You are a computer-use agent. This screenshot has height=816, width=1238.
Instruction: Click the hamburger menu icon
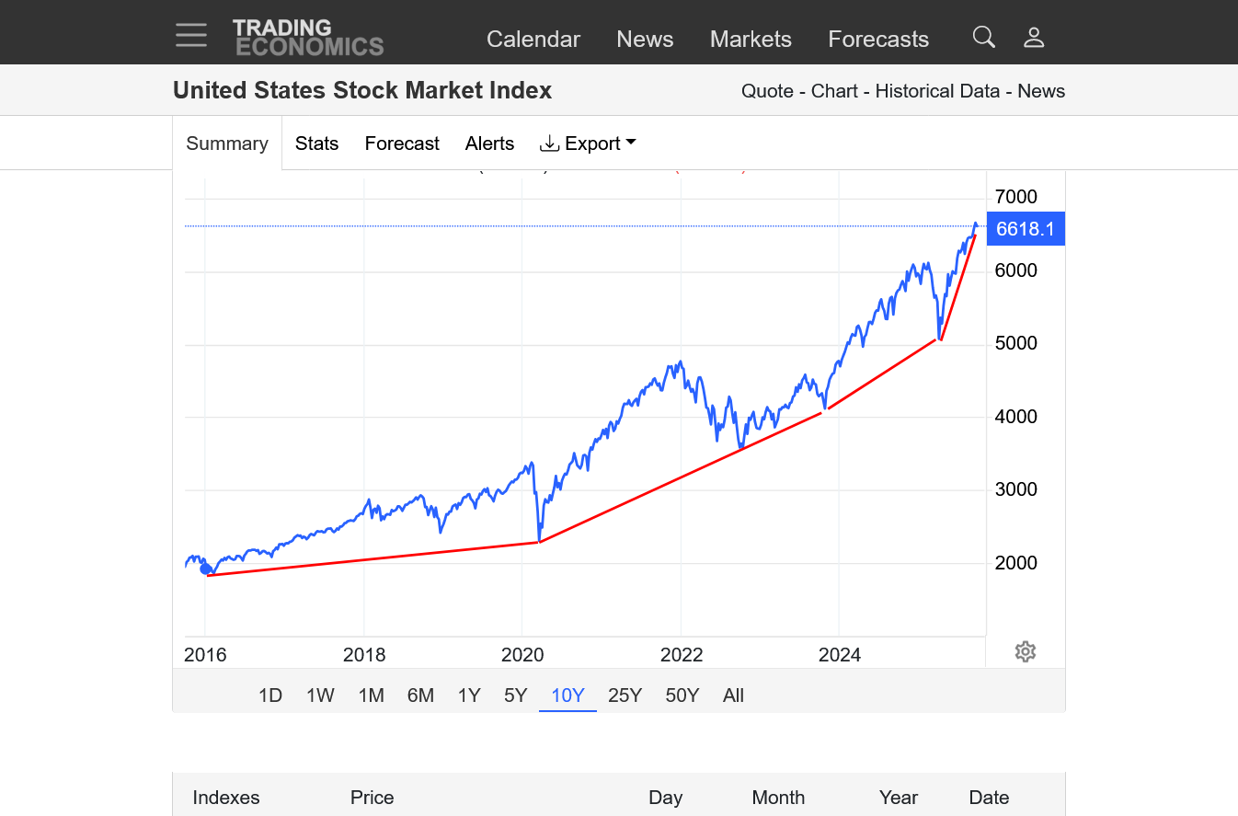[191, 36]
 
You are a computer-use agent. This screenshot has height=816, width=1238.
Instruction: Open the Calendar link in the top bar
[533, 39]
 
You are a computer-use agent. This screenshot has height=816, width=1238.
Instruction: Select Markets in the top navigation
[751, 39]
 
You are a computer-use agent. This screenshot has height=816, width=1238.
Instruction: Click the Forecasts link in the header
[878, 39]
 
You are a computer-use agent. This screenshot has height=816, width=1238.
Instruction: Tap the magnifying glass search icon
[984, 37]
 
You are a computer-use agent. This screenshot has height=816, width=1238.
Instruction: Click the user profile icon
[1034, 37]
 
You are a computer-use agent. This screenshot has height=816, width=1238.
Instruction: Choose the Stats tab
[316, 144]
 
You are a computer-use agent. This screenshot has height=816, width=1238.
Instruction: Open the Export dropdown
[589, 144]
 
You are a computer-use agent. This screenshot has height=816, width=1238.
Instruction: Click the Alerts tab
[489, 144]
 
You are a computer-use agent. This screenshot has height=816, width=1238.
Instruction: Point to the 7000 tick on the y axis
[1015, 197]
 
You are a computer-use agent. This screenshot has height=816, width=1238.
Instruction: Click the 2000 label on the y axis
[1015, 563]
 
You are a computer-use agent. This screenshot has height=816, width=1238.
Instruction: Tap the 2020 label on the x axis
[522, 655]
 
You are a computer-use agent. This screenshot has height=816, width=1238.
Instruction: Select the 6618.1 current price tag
[1025, 229]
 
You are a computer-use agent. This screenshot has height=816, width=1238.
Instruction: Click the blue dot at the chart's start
[206, 569]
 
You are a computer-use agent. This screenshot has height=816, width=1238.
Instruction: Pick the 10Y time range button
[567, 695]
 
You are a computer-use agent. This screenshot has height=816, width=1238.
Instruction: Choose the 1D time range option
[269, 695]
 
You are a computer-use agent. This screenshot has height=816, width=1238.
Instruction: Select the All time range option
[733, 695]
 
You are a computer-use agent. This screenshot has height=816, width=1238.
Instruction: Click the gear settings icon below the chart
[1026, 652]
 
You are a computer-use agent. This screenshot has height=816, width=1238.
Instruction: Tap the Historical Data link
[937, 91]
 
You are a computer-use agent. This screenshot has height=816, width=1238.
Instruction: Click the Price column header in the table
[372, 798]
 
